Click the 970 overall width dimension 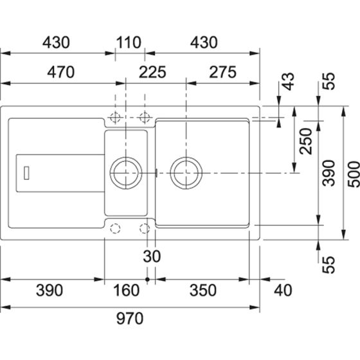click(x=130, y=318)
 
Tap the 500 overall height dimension click(x=354, y=171)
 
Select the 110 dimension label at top click(x=129, y=42)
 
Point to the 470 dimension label click(x=61, y=72)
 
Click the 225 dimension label click(x=152, y=72)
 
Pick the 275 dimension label click(x=222, y=72)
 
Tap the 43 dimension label click(x=288, y=81)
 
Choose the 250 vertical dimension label click(x=306, y=141)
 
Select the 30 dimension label click(x=152, y=256)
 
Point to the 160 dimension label click(x=126, y=290)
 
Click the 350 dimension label click(x=203, y=290)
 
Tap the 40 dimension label click(x=283, y=290)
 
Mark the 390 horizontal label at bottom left click(x=50, y=290)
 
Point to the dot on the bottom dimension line click(x=147, y=280)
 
